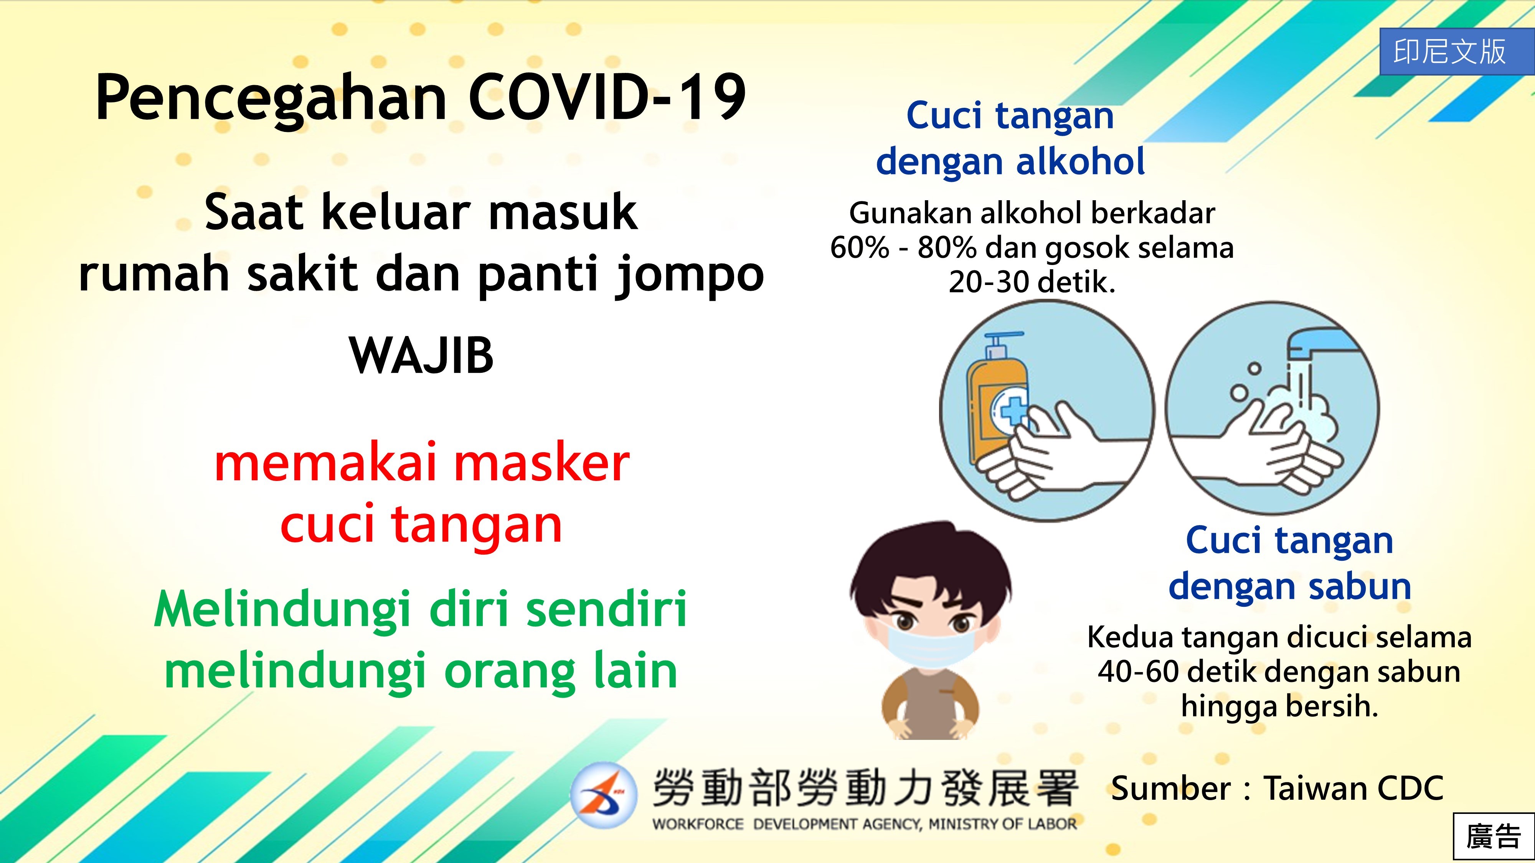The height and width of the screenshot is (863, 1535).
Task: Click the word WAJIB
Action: click(x=422, y=356)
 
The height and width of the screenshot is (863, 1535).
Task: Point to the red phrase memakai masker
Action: click(x=422, y=463)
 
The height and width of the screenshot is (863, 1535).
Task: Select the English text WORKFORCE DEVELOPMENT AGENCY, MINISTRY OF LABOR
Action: click(x=865, y=824)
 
